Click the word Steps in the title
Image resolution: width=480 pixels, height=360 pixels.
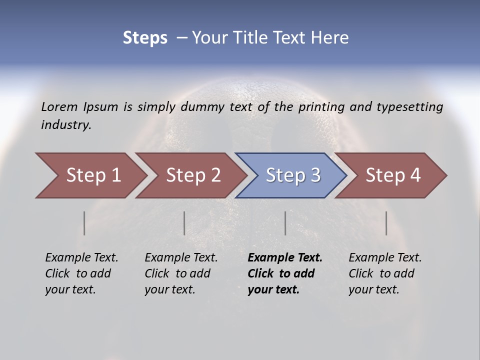(x=145, y=38)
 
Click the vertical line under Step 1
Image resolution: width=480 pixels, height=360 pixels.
(x=84, y=223)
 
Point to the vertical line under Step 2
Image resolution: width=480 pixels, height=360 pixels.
(x=184, y=223)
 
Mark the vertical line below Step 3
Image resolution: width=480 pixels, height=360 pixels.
(x=285, y=223)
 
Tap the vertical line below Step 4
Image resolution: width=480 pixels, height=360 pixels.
(x=386, y=223)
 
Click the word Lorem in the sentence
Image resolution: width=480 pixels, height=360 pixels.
(x=59, y=106)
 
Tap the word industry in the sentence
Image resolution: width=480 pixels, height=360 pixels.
(x=66, y=125)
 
